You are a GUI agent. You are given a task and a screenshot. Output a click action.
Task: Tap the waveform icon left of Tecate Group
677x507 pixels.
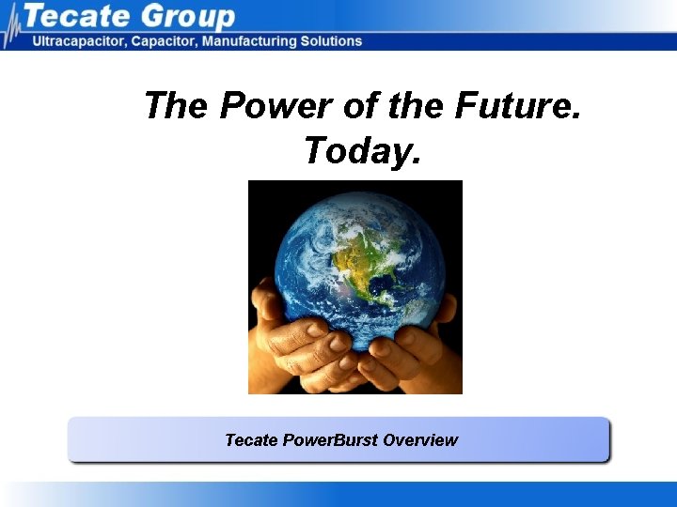pyautogui.click(x=12, y=27)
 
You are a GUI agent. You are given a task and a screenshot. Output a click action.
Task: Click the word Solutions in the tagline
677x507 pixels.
pyautogui.click(x=330, y=41)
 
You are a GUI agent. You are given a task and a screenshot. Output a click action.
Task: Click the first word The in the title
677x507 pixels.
pyautogui.click(x=178, y=106)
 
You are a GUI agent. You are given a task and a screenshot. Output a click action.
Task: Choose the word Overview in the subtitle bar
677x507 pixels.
pyautogui.click(x=420, y=439)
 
